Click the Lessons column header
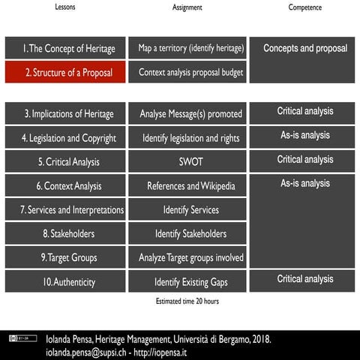point(65,7)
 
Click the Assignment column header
point(187,7)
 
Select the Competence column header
point(304,7)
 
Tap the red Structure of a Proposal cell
point(64,73)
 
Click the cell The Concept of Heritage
point(64,49)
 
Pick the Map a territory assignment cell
point(190,49)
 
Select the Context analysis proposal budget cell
point(190,73)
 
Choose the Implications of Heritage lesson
point(64,114)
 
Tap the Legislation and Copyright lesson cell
point(64,138)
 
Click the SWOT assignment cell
point(190,162)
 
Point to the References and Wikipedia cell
point(190,186)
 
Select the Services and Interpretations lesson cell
point(64,210)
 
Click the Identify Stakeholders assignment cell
point(190,234)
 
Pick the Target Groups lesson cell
point(64,258)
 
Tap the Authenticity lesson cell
point(64,282)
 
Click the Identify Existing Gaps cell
point(190,282)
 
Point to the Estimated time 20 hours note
point(182,301)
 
